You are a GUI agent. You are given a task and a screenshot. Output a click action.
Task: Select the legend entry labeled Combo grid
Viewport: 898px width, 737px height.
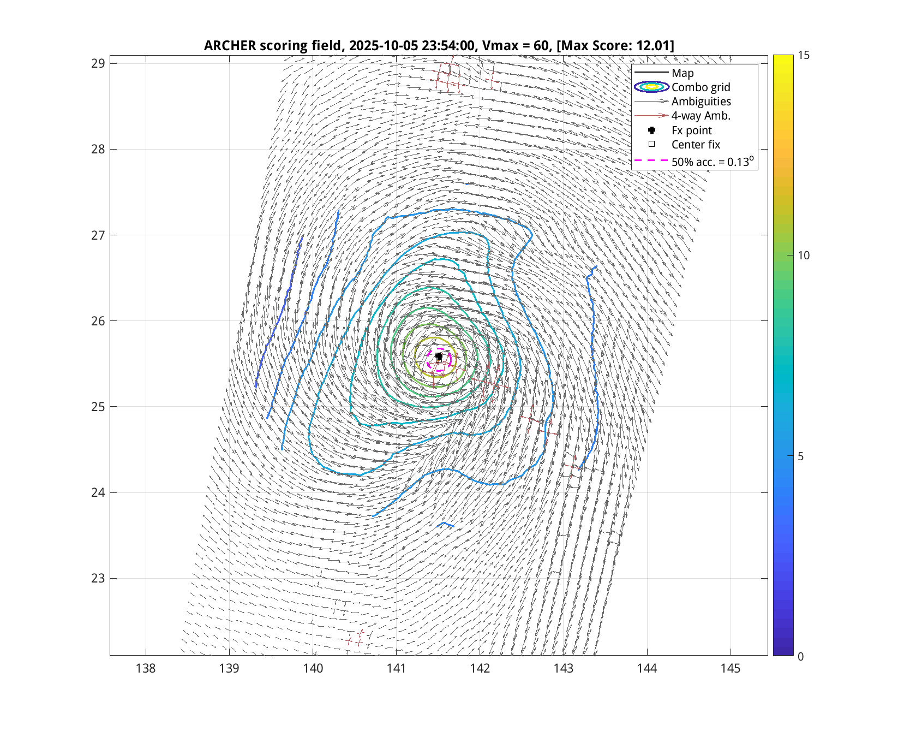701,87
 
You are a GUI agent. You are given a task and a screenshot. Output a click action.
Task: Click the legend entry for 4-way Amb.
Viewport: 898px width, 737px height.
701,116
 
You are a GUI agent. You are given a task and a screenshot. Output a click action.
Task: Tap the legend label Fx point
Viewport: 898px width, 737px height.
691,130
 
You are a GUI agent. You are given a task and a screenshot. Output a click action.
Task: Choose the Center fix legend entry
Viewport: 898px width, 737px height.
696,145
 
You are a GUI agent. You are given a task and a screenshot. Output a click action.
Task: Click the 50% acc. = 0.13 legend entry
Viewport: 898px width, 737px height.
712,162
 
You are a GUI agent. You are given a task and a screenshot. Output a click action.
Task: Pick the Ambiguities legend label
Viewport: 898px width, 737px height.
701,102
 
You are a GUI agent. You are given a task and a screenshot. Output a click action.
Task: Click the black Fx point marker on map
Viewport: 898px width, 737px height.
439,356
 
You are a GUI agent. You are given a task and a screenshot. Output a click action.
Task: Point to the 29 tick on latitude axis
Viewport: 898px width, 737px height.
98,63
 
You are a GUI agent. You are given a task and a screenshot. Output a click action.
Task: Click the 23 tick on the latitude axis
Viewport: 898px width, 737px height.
98,578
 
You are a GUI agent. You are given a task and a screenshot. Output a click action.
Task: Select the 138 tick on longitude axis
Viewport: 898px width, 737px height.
146,668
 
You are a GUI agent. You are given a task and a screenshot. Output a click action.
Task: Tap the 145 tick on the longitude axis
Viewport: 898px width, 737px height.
731,668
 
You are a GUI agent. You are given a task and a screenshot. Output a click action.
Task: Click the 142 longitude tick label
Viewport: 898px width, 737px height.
480,668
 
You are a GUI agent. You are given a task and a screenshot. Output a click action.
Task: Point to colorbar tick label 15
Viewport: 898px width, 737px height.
803,55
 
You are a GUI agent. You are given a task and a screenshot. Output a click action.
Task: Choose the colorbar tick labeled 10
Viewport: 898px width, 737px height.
803,255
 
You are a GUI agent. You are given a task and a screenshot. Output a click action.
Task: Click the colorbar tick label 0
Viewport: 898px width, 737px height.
800,656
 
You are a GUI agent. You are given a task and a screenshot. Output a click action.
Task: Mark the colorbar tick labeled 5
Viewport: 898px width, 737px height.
800,456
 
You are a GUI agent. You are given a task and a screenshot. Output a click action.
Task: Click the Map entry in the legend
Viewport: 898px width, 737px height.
683,73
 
